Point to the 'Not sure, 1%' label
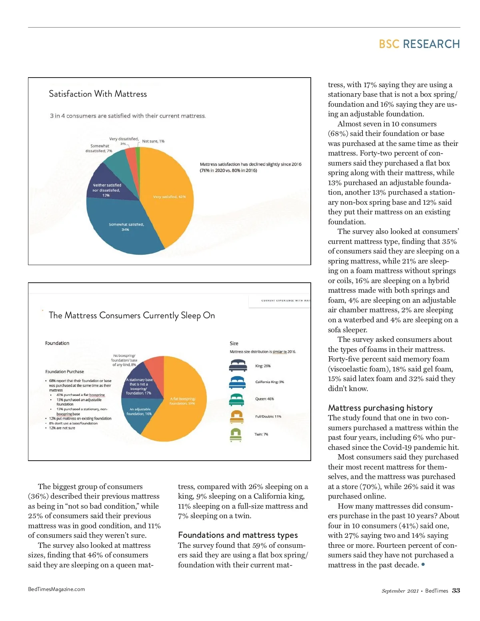point(153,141)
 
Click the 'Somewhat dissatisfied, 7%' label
point(99,148)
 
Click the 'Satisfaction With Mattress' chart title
point(98,94)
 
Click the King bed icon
point(238,365)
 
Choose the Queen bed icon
point(236,399)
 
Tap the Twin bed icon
point(236,434)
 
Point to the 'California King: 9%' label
point(270,382)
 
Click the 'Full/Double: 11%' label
point(268,416)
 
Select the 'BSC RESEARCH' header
point(419,44)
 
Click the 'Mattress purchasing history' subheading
point(380,408)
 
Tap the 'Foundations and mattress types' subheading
point(238,535)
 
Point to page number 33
point(456,591)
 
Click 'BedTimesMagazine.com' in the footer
point(56,589)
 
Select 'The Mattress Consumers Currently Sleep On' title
point(132,315)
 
